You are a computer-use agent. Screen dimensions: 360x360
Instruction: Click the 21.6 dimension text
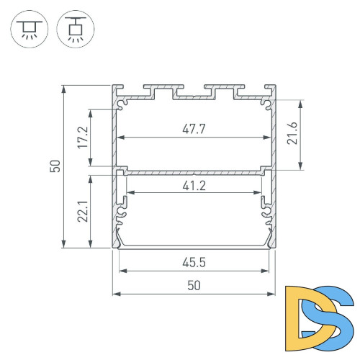pyautogui.click(x=292, y=135)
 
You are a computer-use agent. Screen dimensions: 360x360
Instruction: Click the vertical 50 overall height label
pyautogui.click(x=55, y=167)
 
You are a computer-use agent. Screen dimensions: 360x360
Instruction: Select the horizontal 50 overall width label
pyautogui.click(x=194, y=285)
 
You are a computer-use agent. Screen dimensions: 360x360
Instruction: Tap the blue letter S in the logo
pyautogui.click(x=333, y=317)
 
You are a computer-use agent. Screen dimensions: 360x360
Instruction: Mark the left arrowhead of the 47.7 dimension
pyautogui.click(x=121, y=138)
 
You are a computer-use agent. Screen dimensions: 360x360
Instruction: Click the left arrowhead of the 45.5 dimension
pyautogui.click(x=121, y=271)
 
